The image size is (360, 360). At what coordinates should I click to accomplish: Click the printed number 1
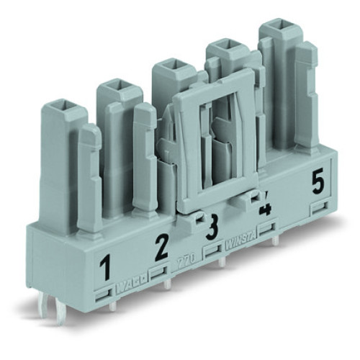coord(106,270)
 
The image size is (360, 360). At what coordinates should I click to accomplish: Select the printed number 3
coord(212,230)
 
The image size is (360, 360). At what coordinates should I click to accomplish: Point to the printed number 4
coord(265,209)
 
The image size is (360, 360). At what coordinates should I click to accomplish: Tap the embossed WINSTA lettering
coord(238,243)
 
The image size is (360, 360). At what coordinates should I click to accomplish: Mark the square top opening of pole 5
coord(274,31)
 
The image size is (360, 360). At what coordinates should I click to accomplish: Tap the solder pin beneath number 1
coord(115,308)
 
